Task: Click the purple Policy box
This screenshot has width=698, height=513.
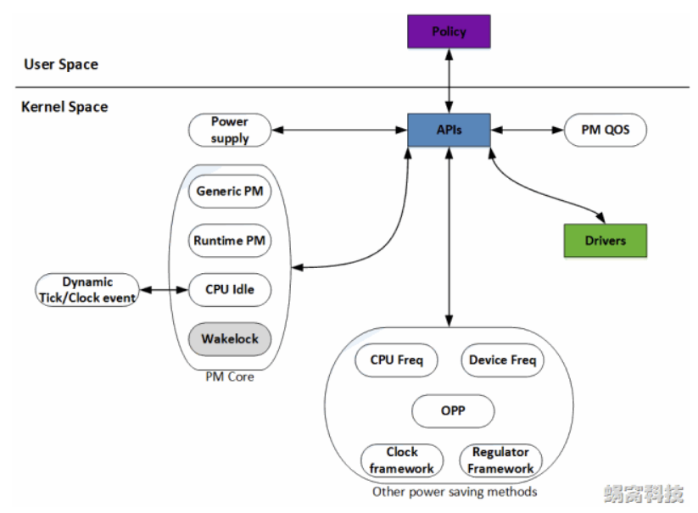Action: [449, 31]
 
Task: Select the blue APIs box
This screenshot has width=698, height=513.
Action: [449, 130]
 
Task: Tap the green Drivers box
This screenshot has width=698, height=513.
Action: [605, 240]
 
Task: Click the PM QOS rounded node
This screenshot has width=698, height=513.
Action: [604, 130]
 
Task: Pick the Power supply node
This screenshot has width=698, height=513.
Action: [230, 130]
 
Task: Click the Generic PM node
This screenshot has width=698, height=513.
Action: [229, 192]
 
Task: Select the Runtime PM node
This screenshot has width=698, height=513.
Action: [229, 241]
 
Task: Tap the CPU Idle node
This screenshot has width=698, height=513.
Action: [229, 290]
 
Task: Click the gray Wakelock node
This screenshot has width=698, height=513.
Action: [229, 339]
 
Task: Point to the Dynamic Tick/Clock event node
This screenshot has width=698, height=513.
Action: [87, 290]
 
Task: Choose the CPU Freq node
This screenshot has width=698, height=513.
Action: [396, 360]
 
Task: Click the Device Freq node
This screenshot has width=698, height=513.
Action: [502, 360]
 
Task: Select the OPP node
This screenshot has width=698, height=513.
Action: [453, 411]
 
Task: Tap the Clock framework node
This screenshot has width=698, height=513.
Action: [402, 460]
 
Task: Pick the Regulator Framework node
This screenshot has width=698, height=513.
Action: [500, 460]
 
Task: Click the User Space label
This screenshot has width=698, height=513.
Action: [60, 64]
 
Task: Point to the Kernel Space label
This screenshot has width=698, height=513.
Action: [64, 108]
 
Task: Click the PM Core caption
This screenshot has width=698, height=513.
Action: [229, 376]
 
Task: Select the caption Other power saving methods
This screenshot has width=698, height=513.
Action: [455, 492]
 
